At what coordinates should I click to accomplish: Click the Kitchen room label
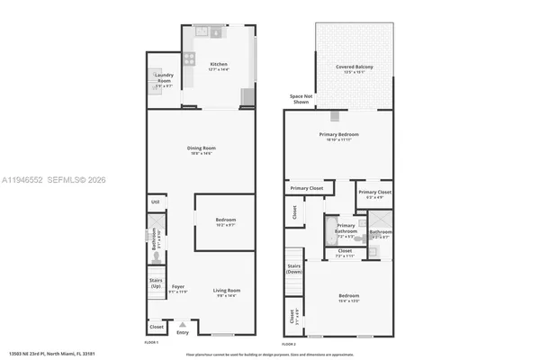(x=219, y=65)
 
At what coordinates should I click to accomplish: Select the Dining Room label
(x=202, y=149)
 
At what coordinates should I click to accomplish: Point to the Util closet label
(x=155, y=202)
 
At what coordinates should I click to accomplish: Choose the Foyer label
(x=178, y=289)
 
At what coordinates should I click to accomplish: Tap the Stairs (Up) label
(x=155, y=283)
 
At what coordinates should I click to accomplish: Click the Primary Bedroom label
(x=338, y=136)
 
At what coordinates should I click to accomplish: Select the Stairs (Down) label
(x=293, y=269)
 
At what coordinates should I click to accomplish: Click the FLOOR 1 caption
(x=151, y=343)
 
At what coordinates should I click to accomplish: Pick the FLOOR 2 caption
(x=289, y=344)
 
